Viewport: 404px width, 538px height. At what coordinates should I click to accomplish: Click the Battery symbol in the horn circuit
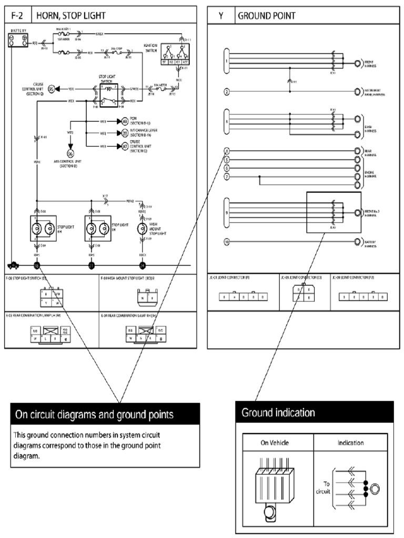click(17, 40)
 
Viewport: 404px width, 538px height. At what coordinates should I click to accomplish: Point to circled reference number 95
click(52, 89)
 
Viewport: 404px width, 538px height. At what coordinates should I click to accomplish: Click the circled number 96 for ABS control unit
click(70, 153)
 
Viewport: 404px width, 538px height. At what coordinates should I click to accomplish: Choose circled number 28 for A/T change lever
click(125, 133)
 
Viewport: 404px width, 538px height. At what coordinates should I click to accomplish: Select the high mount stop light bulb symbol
click(142, 229)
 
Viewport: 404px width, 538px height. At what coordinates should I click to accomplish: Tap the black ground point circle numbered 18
click(37, 265)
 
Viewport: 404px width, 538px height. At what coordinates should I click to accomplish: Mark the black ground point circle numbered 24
click(142, 265)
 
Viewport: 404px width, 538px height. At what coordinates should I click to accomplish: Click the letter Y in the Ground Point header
click(221, 16)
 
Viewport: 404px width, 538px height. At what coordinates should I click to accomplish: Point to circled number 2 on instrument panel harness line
click(227, 92)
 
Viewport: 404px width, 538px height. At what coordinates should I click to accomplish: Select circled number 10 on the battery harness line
click(227, 242)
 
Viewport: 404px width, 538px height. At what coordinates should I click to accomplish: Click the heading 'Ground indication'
click(278, 413)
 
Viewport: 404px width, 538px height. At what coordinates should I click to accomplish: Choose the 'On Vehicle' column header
click(275, 442)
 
